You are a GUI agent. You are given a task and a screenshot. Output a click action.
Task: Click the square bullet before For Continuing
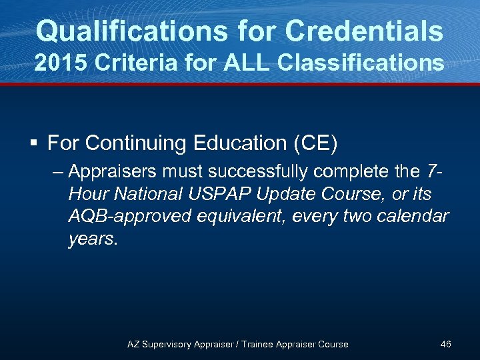(x=35, y=143)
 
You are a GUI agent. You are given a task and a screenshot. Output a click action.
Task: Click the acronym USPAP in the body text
(x=215, y=195)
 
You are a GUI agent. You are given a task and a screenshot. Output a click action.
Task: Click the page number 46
(x=446, y=344)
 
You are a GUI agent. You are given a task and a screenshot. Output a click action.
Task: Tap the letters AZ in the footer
(x=134, y=344)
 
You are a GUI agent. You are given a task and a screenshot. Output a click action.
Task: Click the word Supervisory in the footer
(x=167, y=344)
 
